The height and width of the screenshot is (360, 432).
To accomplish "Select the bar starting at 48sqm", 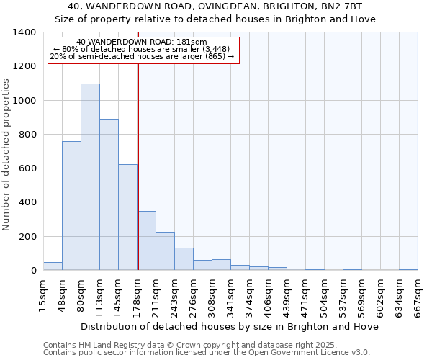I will pyautogui.click(x=71, y=205).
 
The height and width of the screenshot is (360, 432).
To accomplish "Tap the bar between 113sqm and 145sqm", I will pyautogui.click(x=109, y=194).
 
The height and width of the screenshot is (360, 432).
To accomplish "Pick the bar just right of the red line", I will pyautogui.click(x=147, y=240).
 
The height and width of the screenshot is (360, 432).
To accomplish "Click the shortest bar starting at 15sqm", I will pyautogui.click(x=53, y=266).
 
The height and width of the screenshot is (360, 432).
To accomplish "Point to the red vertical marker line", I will pyautogui.click(x=138, y=158).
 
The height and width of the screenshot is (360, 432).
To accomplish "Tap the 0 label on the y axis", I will pyautogui.click(x=33, y=271).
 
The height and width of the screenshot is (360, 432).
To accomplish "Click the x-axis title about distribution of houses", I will pyautogui.click(x=230, y=326).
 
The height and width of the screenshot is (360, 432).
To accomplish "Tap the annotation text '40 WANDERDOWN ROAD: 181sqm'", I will pyautogui.click(x=141, y=42).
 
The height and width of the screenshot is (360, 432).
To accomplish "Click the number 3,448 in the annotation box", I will pyautogui.click(x=215, y=49).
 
